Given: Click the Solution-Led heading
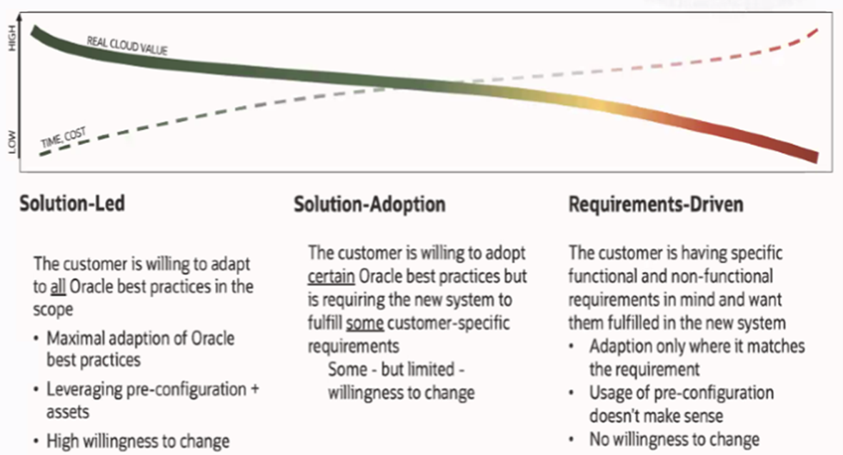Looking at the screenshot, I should pos(72,204).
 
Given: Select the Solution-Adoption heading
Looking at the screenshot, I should pos(369,204).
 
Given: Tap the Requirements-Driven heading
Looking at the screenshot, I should pos(655,204).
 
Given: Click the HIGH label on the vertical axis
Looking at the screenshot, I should pos(11,44).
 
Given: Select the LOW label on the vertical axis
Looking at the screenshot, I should pos(11,147).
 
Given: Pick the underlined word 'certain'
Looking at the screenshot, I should pos(333,275).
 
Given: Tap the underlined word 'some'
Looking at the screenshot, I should pos(365,323).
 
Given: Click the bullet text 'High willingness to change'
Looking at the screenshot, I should pos(138,441).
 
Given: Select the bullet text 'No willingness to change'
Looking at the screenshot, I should pos(674,439).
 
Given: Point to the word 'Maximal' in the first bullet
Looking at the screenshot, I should pos(74,338).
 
